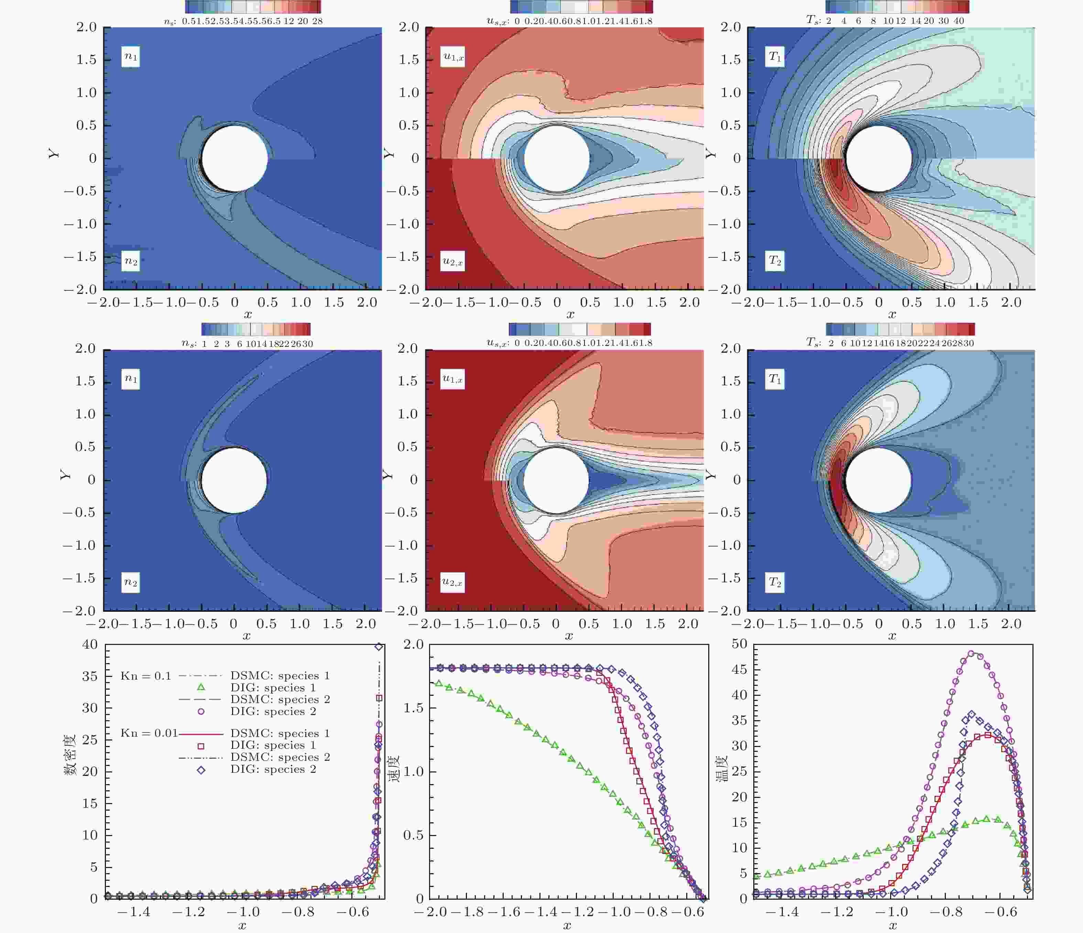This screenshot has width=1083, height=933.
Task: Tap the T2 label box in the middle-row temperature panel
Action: (x=775, y=582)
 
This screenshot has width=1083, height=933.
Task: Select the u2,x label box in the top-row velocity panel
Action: (x=453, y=261)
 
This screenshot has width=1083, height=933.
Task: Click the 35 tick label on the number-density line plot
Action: (x=90, y=676)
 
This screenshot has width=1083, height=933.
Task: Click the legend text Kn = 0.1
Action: (x=146, y=676)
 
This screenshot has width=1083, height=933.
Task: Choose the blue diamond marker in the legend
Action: (x=201, y=770)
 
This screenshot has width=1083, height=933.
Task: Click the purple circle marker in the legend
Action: (x=201, y=711)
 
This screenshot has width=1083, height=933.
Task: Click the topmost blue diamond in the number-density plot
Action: (x=379, y=647)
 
